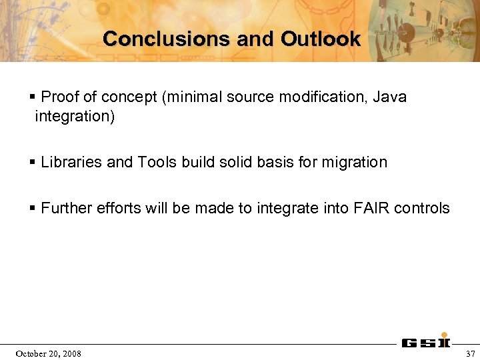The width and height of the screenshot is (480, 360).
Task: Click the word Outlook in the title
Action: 320,39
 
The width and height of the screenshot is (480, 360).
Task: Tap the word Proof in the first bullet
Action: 59,97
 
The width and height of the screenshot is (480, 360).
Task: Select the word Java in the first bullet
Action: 389,97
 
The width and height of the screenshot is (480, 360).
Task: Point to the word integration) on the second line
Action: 75,117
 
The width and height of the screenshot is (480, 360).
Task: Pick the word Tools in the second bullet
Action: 157,162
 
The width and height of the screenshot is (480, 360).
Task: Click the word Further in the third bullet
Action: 66,208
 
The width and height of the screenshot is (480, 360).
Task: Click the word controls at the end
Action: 422,208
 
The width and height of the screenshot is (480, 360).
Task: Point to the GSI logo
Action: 425,343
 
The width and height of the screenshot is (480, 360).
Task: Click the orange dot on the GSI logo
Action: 444,336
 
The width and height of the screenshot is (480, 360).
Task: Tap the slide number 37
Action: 470,353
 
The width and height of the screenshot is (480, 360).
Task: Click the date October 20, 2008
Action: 48,353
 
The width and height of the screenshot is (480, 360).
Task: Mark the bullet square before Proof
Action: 33,98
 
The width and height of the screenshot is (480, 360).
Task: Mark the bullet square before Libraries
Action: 33,163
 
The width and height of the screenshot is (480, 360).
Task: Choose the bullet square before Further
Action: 33,209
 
